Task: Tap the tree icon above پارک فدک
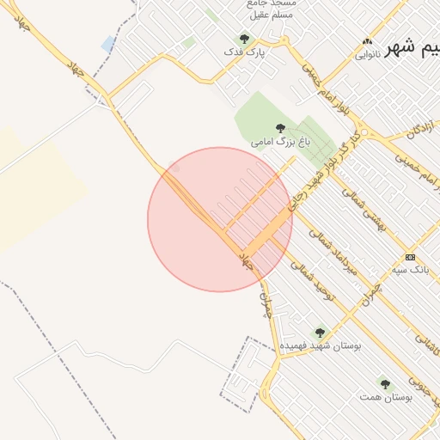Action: pyautogui.click(x=244, y=39)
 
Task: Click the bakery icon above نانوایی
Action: pyautogui.click(x=369, y=42)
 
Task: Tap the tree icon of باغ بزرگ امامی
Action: pyautogui.click(x=280, y=127)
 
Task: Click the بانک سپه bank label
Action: pyautogui.click(x=409, y=270)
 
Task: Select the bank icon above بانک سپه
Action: pyautogui.click(x=410, y=257)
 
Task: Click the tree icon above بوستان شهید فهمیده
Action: pyautogui.click(x=320, y=333)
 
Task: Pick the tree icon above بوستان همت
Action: pyautogui.click(x=383, y=385)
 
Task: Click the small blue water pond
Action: pyautogui.click(x=107, y=43)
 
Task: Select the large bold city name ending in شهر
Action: pyautogui.click(x=412, y=48)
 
